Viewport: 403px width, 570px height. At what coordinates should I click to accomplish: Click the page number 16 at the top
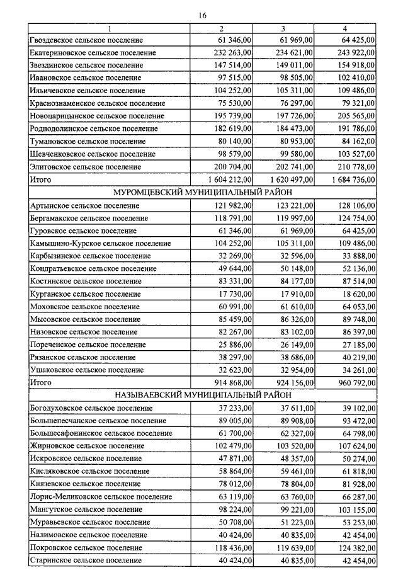[202, 15]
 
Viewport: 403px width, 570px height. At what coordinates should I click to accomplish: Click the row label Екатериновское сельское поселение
[93, 53]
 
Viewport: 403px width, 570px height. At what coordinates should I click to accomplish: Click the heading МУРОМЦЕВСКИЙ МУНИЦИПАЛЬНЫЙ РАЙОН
[202, 193]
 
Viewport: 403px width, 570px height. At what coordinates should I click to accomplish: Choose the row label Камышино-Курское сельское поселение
[100, 243]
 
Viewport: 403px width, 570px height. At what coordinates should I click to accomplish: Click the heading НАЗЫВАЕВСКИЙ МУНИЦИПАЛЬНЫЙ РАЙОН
[202, 396]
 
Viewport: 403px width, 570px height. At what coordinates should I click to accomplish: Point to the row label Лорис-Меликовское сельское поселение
[101, 497]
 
